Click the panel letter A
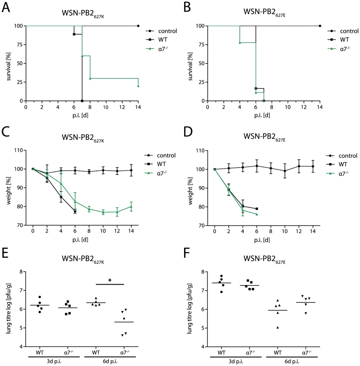pyautogui.click(x=6, y=7)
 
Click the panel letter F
pyautogui.click(x=187, y=253)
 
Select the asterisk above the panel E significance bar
pyautogui.click(x=110, y=280)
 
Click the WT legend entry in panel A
pyautogui.click(x=157, y=40)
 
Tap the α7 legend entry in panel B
pyautogui.click(x=339, y=49)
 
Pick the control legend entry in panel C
pyautogui.click(x=160, y=155)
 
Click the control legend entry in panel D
pyautogui.click(x=342, y=156)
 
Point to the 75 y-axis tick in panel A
pyautogui.click(x=20, y=45)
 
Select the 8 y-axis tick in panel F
pyautogui.click(x=203, y=272)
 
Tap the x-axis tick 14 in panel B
pyautogui.click(x=320, y=107)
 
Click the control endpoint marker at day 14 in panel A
pyautogui.click(x=138, y=26)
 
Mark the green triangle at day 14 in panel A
pyautogui.click(x=138, y=86)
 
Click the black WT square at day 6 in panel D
pyautogui.click(x=257, y=209)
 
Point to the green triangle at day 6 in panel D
pyautogui.click(x=257, y=214)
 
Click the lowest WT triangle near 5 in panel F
pyautogui.click(x=278, y=327)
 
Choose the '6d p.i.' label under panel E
pyautogui.click(x=110, y=362)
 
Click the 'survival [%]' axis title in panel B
pyautogui.click(x=190, y=67)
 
